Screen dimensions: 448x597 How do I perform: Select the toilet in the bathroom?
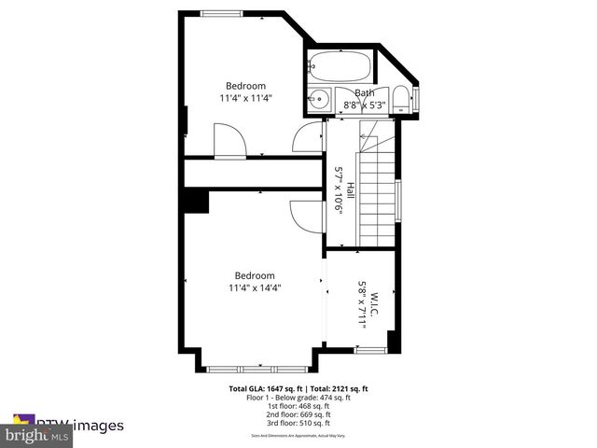[399, 99]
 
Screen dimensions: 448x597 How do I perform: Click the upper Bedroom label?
[246, 86]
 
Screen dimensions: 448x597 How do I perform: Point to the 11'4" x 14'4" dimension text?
[255, 288]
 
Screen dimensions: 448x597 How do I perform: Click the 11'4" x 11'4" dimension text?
[246, 98]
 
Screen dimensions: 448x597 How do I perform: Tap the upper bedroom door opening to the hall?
[307, 140]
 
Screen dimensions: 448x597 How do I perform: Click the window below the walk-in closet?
[371, 350]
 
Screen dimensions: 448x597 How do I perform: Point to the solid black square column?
[196, 202]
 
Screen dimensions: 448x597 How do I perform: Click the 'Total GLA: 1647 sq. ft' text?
[262, 388]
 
